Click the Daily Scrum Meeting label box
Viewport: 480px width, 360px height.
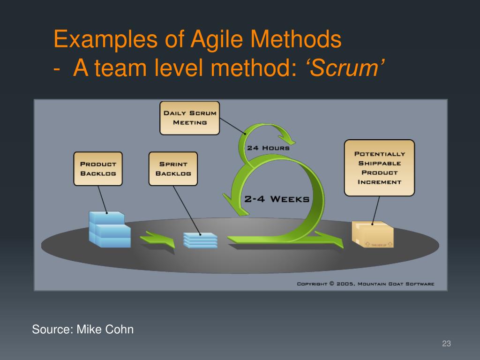click(x=189, y=118)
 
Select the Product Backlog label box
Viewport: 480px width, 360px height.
click(x=98, y=169)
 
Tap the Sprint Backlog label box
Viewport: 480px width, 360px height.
click(x=173, y=169)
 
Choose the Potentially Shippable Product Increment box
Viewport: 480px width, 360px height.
click(x=379, y=167)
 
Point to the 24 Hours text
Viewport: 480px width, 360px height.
click(x=268, y=148)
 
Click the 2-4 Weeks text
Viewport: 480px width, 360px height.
click(x=277, y=199)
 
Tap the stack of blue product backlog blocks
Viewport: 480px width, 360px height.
click(x=109, y=230)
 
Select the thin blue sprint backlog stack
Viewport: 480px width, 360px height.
click(x=200, y=240)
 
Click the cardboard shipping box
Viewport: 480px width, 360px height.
click(x=373, y=234)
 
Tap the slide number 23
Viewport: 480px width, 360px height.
click(x=446, y=344)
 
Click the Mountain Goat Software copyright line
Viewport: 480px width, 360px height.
click(x=366, y=284)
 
